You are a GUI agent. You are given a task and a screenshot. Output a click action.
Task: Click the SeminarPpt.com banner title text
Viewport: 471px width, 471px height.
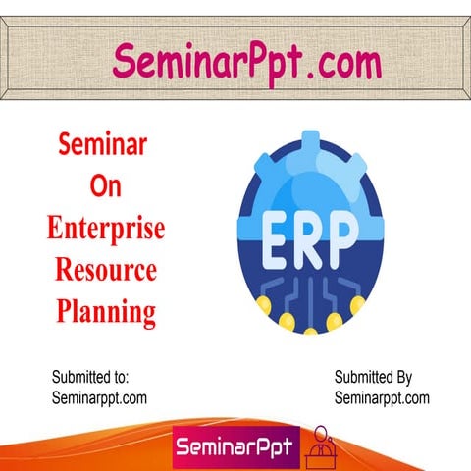[245, 62]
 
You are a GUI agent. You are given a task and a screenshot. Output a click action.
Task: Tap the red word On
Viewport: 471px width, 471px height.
[103, 187]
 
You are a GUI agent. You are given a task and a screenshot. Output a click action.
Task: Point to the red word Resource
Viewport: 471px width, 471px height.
[105, 271]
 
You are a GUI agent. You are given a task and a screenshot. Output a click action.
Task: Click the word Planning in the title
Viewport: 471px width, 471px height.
[105, 312]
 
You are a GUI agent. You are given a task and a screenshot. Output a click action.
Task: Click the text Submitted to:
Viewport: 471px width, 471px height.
[89, 377]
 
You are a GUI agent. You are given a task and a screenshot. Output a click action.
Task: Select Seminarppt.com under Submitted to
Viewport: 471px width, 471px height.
[98, 397]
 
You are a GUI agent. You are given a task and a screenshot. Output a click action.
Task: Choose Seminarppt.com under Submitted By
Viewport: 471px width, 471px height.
[382, 397]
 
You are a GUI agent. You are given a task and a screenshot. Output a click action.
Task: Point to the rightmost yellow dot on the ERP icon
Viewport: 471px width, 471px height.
[358, 304]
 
